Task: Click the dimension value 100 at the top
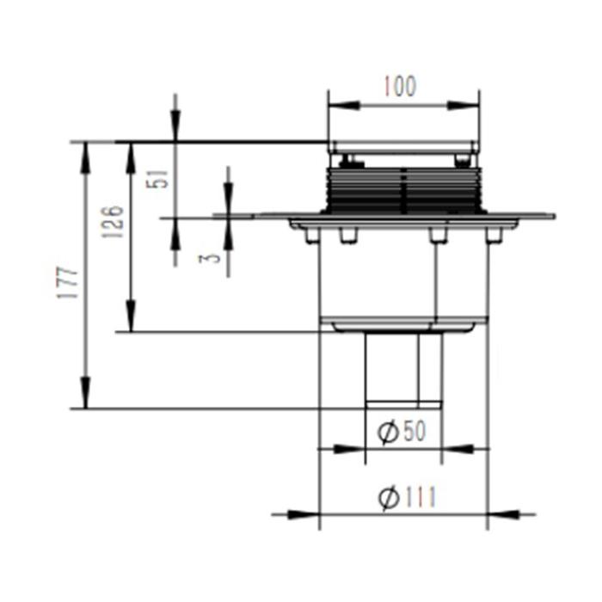pyautogui.click(x=400, y=86)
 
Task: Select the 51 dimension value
pyautogui.click(x=157, y=179)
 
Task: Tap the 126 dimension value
pyautogui.click(x=113, y=222)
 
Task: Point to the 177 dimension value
pyautogui.click(x=68, y=282)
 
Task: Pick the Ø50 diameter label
pyautogui.click(x=402, y=431)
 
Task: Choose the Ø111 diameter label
pyautogui.click(x=407, y=498)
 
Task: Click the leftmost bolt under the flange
pyautogui.click(x=312, y=235)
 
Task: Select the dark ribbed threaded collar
pyautogui.click(x=404, y=190)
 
